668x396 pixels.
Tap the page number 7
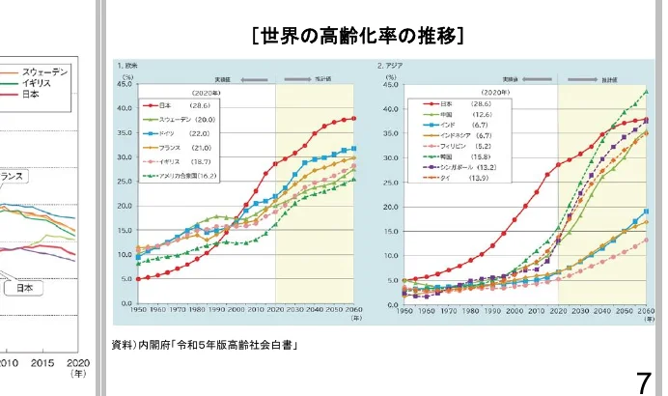(x=643, y=380)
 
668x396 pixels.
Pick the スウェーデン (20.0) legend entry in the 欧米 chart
(x=180, y=117)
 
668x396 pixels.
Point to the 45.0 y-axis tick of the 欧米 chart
(x=124, y=84)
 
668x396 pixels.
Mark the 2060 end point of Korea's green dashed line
(x=646, y=91)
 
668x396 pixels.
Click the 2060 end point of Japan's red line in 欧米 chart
(x=354, y=119)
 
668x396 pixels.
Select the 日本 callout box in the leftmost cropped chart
(x=23, y=288)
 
